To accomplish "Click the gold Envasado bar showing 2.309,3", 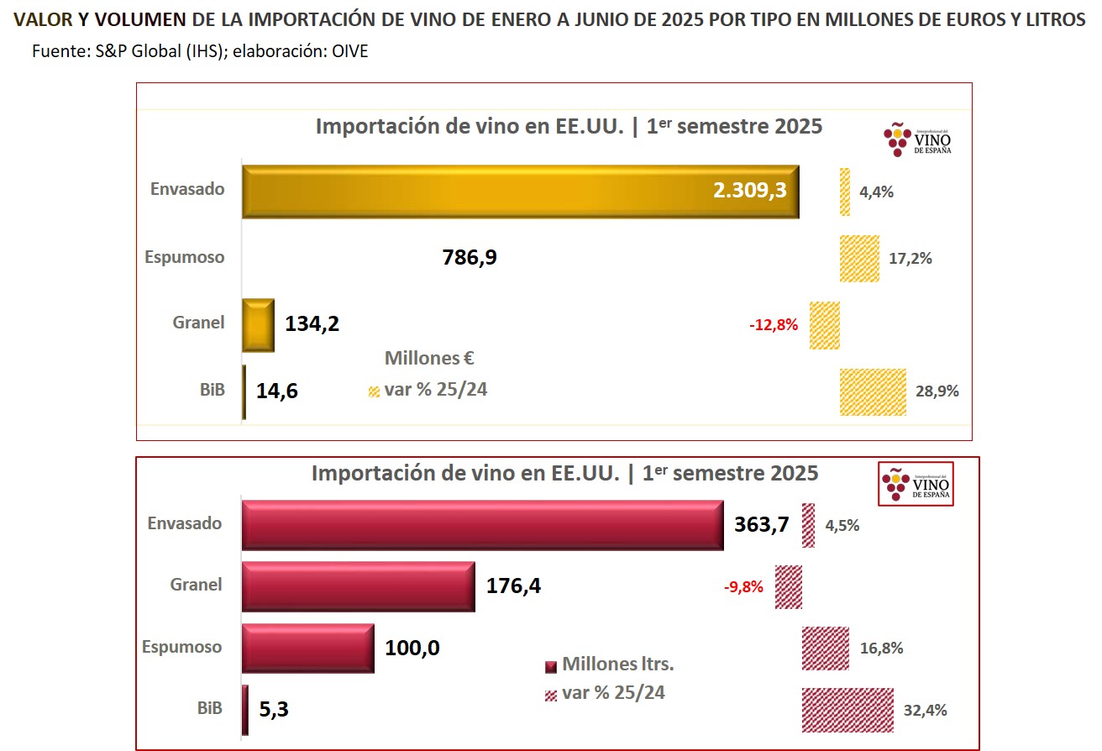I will (520, 192).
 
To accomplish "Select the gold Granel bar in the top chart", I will (258, 324).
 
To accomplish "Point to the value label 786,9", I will (470, 257).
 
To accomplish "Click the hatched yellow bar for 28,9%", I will (873, 391).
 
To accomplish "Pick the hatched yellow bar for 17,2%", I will (859, 259).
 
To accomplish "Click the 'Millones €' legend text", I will (429, 358).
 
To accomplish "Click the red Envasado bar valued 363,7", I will (482, 525).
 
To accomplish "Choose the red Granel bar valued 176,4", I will (358, 586).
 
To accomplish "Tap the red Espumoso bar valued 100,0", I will (307, 648).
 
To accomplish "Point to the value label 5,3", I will (273, 710).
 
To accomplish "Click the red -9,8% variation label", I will (743, 587).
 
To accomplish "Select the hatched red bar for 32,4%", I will (847, 710).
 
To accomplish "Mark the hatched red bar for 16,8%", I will (826, 649).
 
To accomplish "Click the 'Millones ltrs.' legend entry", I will (617, 664).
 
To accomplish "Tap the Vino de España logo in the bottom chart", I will (916, 484).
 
